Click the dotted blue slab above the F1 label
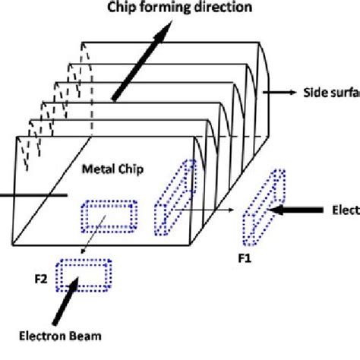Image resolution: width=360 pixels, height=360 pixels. (x=264, y=203)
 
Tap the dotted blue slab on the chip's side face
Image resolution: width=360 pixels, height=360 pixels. (x=173, y=197)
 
